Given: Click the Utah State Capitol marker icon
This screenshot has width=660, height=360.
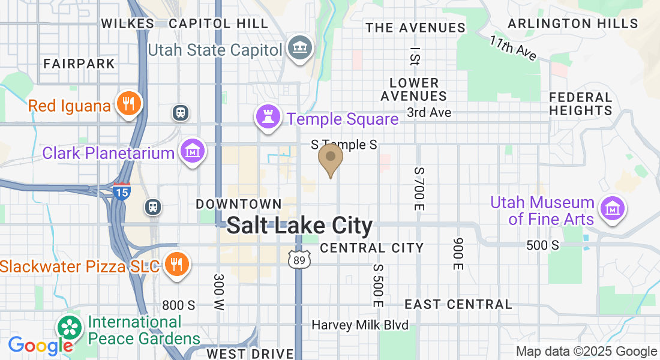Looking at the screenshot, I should (x=299, y=47).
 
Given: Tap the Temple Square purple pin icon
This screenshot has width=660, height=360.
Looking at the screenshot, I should (x=267, y=116).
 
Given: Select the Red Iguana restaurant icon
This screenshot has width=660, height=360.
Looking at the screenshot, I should (x=128, y=104).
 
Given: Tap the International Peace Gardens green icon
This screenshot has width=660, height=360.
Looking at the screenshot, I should (x=70, y=327).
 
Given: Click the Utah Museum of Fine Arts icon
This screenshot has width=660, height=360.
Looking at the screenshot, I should (x=613, y=209).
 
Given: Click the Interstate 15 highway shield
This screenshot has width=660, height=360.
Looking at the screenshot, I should (x=121, y=191).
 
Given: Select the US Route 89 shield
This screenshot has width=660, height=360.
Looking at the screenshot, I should (x=298, y=259).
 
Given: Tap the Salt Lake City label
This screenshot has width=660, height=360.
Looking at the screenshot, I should (x=300, y=226).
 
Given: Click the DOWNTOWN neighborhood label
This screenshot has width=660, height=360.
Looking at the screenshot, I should (x=239, y=205).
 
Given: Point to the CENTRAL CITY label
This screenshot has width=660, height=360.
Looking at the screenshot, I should (x=372, y=248).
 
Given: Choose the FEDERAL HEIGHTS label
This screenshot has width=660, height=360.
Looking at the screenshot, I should (x=581, y=104).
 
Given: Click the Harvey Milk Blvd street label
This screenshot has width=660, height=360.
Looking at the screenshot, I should (x=360, y=325).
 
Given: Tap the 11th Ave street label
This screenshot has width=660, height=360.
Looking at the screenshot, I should (x=512, y=48).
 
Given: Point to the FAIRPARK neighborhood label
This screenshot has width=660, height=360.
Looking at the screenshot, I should (x=79, y=63).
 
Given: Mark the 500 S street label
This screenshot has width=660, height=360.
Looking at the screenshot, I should (x=542, y=245).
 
